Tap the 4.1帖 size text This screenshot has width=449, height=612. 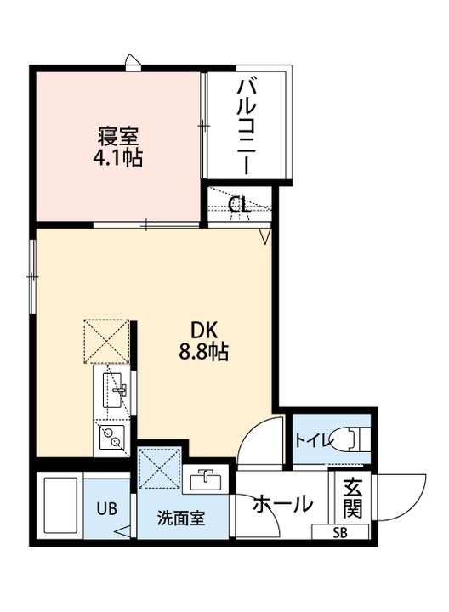pos(117,158)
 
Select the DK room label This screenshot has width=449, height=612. pos(203,331)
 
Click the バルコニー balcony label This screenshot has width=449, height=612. pos(247,126)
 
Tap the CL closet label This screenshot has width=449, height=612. pos(239,204)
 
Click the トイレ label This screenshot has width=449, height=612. pos(313,441)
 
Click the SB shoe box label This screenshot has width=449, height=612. pos(340,532)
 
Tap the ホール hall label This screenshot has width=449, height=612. pos(283,503)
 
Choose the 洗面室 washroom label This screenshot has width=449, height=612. pos(181,518)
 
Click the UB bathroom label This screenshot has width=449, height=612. pos(107,509)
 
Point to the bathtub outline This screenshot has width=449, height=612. pos(60,505)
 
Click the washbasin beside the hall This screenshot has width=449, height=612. pos(205,479)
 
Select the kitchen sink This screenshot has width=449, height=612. pos(114,390)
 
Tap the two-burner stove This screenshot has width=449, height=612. pos(111,437)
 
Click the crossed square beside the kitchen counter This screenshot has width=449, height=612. pos(106,342)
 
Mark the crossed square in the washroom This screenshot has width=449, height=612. pos(160,468)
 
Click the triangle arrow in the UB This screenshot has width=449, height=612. pos(124,532)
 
